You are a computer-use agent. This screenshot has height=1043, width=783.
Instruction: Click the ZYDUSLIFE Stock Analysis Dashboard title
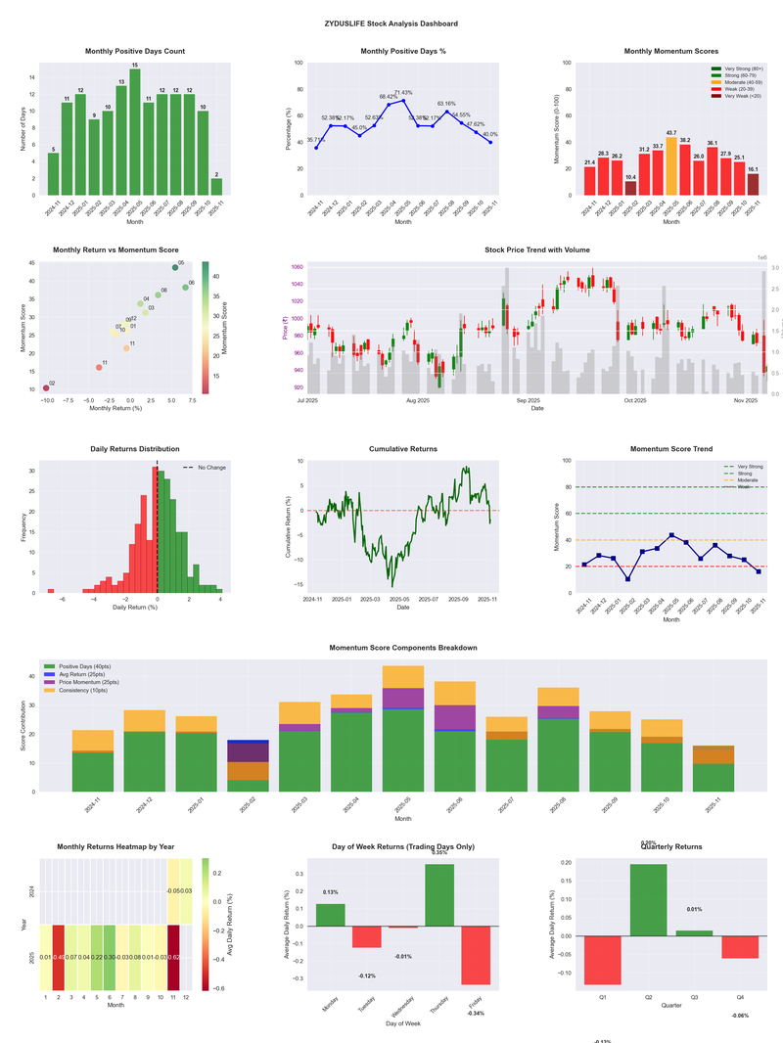tap(391, 23)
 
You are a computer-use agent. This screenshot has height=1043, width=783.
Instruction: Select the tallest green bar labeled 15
tap(135, 132)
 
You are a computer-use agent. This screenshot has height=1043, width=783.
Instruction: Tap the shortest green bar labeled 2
tap(216, 187)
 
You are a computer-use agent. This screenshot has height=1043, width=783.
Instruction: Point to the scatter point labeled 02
tap(45, 388)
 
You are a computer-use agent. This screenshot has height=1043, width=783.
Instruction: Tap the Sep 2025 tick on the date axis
tap(529, 400)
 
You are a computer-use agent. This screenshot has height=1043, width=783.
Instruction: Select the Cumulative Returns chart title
tap(402, 449)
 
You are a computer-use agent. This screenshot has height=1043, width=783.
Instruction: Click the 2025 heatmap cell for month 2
tap(58, 957)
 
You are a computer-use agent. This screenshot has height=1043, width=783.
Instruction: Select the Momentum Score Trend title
tap(670, 449)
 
